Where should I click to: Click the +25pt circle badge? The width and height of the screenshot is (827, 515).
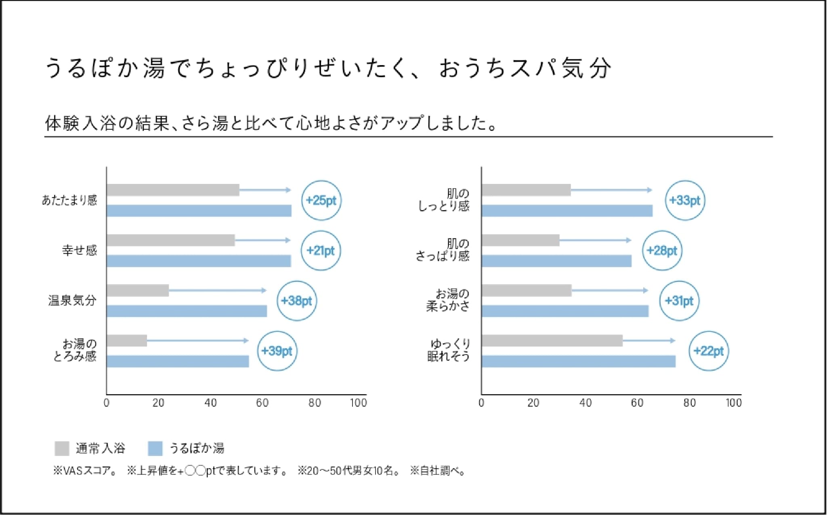pos(321,201)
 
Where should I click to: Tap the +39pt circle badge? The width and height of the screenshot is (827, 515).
pos(277,351)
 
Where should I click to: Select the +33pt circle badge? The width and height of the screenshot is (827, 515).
pos(685,201)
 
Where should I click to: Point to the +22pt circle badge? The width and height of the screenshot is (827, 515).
pos(708,351)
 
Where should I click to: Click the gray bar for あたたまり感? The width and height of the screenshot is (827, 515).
pos(173,190)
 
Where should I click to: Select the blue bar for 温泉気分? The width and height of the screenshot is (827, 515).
pos(187,311)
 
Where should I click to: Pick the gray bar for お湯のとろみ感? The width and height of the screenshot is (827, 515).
pos(127,341)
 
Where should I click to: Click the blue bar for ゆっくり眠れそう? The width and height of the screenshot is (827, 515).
pos(578,361)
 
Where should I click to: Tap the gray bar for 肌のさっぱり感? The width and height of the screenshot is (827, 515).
pos(520,241)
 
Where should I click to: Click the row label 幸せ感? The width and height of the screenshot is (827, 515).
pos(80,251)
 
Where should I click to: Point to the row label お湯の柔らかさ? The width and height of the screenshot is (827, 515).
pos(448,300)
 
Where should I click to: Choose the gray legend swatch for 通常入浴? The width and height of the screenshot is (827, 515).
pos(62,448)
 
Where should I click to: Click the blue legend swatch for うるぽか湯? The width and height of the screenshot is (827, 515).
pos(155,448)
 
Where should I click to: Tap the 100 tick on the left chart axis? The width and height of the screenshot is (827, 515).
pos(358,403)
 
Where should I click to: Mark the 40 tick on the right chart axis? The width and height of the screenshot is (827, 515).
pos(585,403)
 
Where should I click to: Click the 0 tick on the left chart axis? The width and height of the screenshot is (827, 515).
pos(107,403)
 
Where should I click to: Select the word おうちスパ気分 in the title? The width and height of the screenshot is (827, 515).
pos(525,68)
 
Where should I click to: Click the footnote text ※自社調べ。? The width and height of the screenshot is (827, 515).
pos(439,471)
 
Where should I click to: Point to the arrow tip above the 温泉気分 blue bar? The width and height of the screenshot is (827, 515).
pos(264,290)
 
